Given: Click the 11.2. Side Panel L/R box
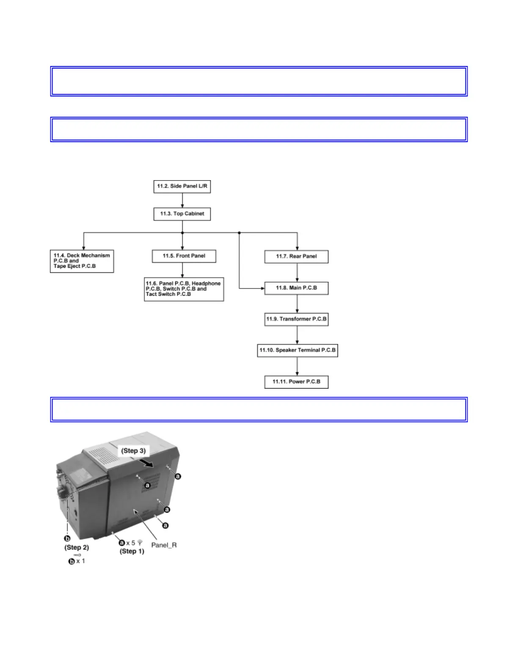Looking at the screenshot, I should click(182, 187).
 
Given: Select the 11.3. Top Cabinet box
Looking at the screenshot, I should click(182, 214).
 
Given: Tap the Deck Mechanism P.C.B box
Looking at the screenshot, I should click(82, 261).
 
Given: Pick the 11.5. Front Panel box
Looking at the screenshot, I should click(184, 256).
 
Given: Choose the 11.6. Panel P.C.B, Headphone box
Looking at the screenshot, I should click(184, 289).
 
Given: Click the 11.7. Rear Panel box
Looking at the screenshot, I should click(296, 256).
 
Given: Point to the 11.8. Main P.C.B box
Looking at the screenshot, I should click(296, 288).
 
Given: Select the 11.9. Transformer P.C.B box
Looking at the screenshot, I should click(296, 319).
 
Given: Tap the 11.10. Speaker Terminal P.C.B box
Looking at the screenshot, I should click(297, 350).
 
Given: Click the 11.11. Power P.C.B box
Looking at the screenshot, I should click(296, 382).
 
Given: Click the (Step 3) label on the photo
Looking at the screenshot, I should click(133, 451).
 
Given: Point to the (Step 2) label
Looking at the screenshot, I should click(77, 547).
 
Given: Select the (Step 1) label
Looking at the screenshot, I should click(132, 552).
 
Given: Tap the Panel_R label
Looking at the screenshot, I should click(164, 545).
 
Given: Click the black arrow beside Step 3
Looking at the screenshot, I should click(147, 464).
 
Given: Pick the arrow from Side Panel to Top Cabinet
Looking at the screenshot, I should click(182, 200).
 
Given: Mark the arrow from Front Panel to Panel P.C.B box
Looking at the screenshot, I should click(182, 270).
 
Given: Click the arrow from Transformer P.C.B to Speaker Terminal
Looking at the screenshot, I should click(297, 335).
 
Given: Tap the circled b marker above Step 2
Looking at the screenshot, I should click(67, 538).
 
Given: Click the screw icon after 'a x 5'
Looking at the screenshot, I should click(140, 543).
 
